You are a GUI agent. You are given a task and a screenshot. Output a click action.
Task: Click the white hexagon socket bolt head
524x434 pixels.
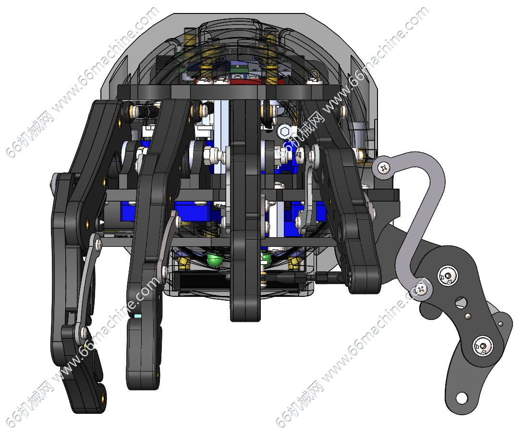click(284, 131)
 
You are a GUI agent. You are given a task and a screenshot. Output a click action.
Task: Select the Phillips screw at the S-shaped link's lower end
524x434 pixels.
click(423, 288)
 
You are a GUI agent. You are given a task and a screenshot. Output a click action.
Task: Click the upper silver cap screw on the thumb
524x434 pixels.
click(448, 276)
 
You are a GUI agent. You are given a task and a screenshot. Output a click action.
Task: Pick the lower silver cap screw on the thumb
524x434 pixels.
click(483, 346)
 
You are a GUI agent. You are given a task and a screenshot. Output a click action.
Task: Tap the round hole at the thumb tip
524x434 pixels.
click(462, 398)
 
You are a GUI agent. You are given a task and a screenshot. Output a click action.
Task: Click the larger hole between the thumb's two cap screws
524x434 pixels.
click(461, 302)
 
